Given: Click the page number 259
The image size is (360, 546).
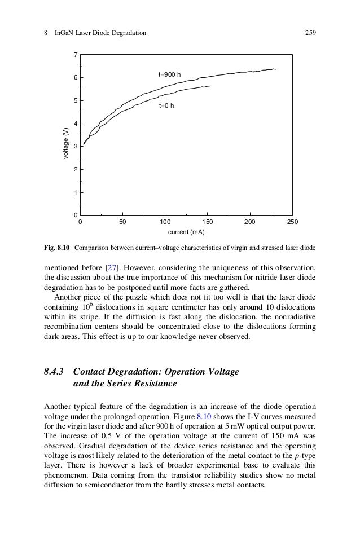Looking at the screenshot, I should (309, 33).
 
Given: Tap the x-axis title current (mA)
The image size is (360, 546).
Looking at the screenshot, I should (186, 232).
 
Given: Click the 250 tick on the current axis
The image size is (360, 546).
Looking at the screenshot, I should (292, 222).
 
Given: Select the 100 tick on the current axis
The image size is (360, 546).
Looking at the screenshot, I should (165, 222).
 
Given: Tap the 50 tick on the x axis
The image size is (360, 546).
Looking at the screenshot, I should (122, 222).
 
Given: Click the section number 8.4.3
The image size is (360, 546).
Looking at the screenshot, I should (55, 372).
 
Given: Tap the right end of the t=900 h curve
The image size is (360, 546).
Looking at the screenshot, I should (275, 69).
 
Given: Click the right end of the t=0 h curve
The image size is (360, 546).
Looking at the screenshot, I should (210, 86).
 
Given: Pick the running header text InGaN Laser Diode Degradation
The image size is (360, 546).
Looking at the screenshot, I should (100, 33).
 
